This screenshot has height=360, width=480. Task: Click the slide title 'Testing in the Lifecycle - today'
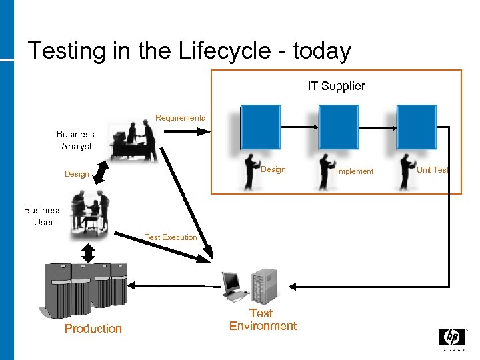click(189, 51)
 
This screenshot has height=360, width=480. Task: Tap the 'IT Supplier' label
click(336, 86)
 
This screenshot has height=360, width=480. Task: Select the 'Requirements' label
click(180, 118)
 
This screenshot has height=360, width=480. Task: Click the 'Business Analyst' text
click(75, 140)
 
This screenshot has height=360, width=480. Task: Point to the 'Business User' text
click(43, 216)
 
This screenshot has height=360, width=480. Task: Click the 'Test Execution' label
click(171, 237)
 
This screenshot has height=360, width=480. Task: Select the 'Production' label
click(93, 328)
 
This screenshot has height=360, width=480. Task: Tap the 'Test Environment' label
click(263, 319)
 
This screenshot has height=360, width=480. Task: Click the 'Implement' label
click(355, 171)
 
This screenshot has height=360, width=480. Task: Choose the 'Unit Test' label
click(432, 170)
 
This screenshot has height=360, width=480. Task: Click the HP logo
click(451, 337)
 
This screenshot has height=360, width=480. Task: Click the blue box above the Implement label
click(338, 127)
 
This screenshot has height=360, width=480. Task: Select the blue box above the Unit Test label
click(417, 127)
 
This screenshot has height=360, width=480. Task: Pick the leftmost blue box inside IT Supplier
click(260, 127)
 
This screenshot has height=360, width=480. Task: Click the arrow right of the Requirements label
click(186, 132)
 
